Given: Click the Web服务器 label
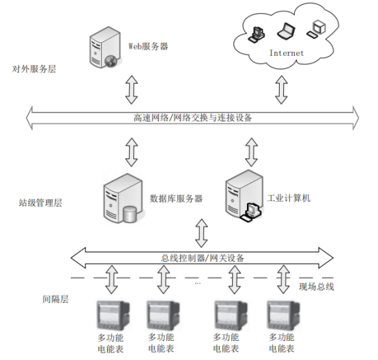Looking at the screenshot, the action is (x=148, y=46).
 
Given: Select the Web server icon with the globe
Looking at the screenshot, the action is (x=104, y=48).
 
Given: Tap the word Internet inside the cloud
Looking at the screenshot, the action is (x=287, y=53).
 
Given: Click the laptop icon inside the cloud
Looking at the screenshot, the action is (x=286, y=31).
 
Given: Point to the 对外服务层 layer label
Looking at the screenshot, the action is (x=34, y=69).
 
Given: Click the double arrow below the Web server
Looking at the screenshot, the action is (x=132, y=89).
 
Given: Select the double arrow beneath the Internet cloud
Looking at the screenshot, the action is (x=281, y=89).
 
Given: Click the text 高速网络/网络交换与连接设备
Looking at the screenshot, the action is (x=192, y=117).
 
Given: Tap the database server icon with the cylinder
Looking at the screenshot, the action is (x=123, y=198).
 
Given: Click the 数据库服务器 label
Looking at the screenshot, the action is (x=176, y=198).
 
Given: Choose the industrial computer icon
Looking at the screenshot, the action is (x=244, y=196).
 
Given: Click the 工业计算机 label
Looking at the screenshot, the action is (x=289, y=198).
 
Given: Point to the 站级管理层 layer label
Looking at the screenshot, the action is (x=40, y=202).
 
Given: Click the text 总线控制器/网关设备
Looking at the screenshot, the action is (x=202, y=258).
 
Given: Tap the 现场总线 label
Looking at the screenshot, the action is (x=317, y=287).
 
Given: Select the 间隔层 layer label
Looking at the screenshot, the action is (x=55, y=299).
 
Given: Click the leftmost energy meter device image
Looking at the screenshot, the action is (x=113, y=316).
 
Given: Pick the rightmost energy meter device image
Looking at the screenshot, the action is (x=284, y=315).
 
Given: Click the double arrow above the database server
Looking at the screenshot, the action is (x=132, y=152).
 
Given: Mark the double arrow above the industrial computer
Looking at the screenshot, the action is (x=252, y=152).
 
